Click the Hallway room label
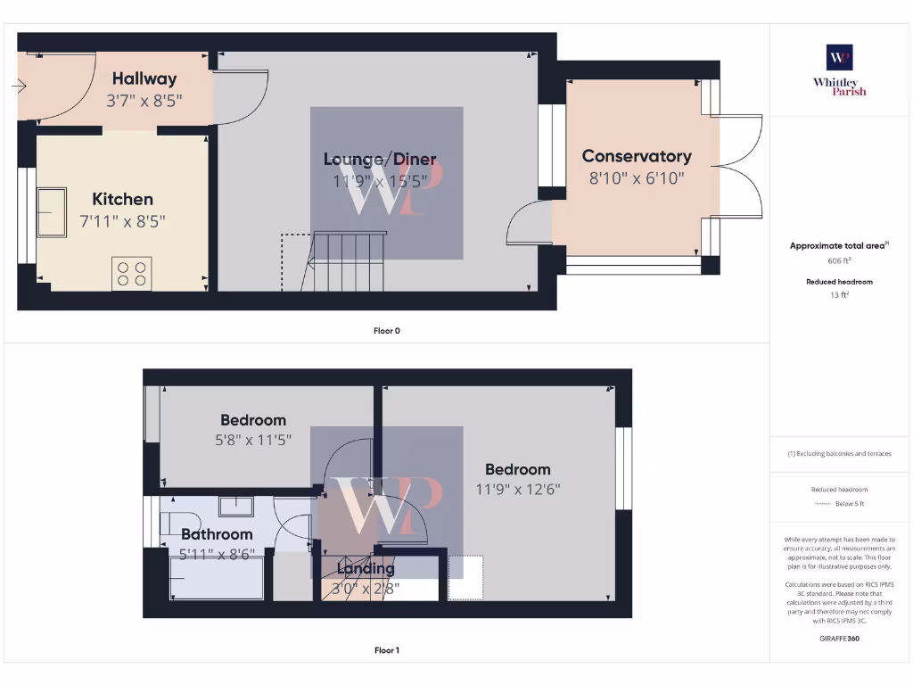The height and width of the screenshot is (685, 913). pos(144,78)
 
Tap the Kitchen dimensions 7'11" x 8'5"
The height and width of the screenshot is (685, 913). pos(123,219)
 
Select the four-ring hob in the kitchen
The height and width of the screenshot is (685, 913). pos(131,273)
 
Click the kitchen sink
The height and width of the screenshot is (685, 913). pos(51,212)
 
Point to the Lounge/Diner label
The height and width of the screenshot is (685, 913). pos(380,160)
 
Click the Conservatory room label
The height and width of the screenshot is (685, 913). pos(637,156)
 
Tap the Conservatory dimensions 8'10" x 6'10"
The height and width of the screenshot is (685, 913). pos(637,177)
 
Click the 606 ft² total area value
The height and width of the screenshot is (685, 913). pos(839,261)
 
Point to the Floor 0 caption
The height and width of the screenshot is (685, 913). pos(387,331)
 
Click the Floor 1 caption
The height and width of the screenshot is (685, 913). pos(387,650)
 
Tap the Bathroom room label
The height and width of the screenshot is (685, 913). pos(217,534)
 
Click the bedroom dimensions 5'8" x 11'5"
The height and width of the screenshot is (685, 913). pos(254,440)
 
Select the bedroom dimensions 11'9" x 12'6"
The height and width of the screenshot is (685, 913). pos(518,489)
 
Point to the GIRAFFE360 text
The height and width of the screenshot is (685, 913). pos(839,639)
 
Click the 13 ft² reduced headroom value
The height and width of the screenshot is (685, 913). pos(839,294)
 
